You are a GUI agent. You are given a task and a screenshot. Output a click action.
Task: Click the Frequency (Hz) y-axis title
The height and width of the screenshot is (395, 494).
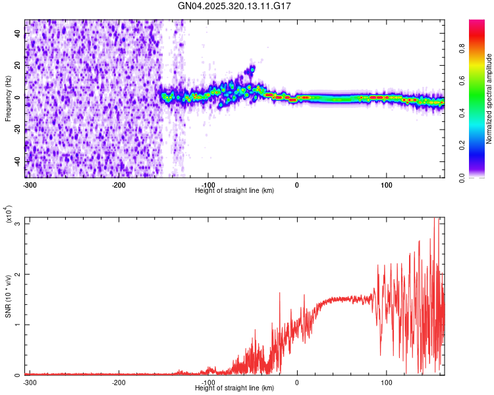pos(9,99)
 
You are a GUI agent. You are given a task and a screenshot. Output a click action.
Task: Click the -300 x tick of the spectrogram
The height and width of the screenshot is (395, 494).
pos(30,184)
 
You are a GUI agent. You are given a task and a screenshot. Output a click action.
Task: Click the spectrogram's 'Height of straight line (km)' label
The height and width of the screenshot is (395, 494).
pos(234,190)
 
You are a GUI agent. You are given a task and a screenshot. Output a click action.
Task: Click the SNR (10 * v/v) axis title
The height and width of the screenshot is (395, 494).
pos(9,296)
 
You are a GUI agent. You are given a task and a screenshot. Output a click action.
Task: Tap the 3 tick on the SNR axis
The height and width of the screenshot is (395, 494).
pos(18,224)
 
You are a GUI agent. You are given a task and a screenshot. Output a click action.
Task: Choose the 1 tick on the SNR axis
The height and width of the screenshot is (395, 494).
pos(18,325)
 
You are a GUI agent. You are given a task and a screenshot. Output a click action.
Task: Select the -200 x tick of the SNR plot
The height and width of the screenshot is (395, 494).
pos(119,382)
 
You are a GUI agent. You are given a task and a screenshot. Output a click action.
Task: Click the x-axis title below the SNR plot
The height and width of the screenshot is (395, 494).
pos(234,388)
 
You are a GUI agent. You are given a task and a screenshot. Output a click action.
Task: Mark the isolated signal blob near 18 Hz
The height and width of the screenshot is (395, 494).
pos(252,68)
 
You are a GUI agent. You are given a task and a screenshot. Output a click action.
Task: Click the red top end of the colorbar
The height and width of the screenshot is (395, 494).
pos(477,22)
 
